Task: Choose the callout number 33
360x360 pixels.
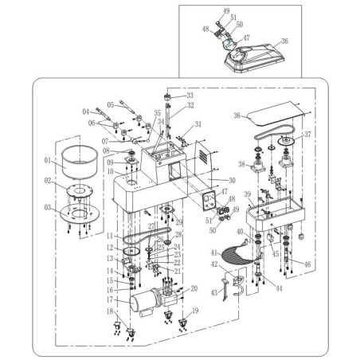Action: coord(190,96)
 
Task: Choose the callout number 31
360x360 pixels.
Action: coord(198,124)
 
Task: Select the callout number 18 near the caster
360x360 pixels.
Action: coord(110,311)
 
